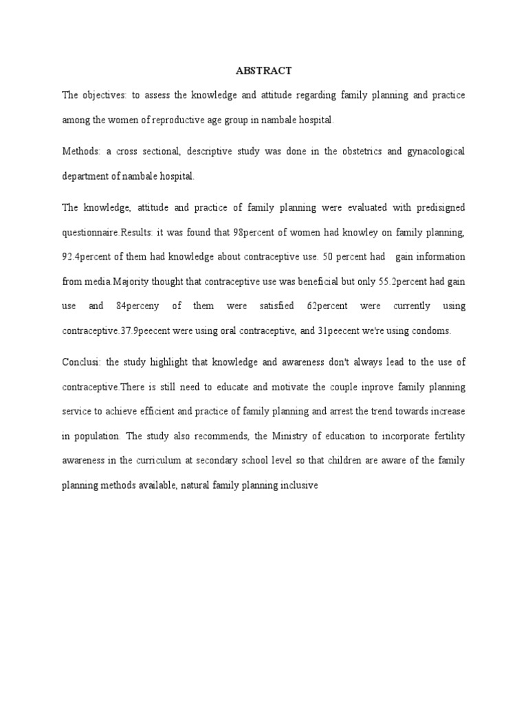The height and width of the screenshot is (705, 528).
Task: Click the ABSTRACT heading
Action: pyautogui.click(x=264, y=70)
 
